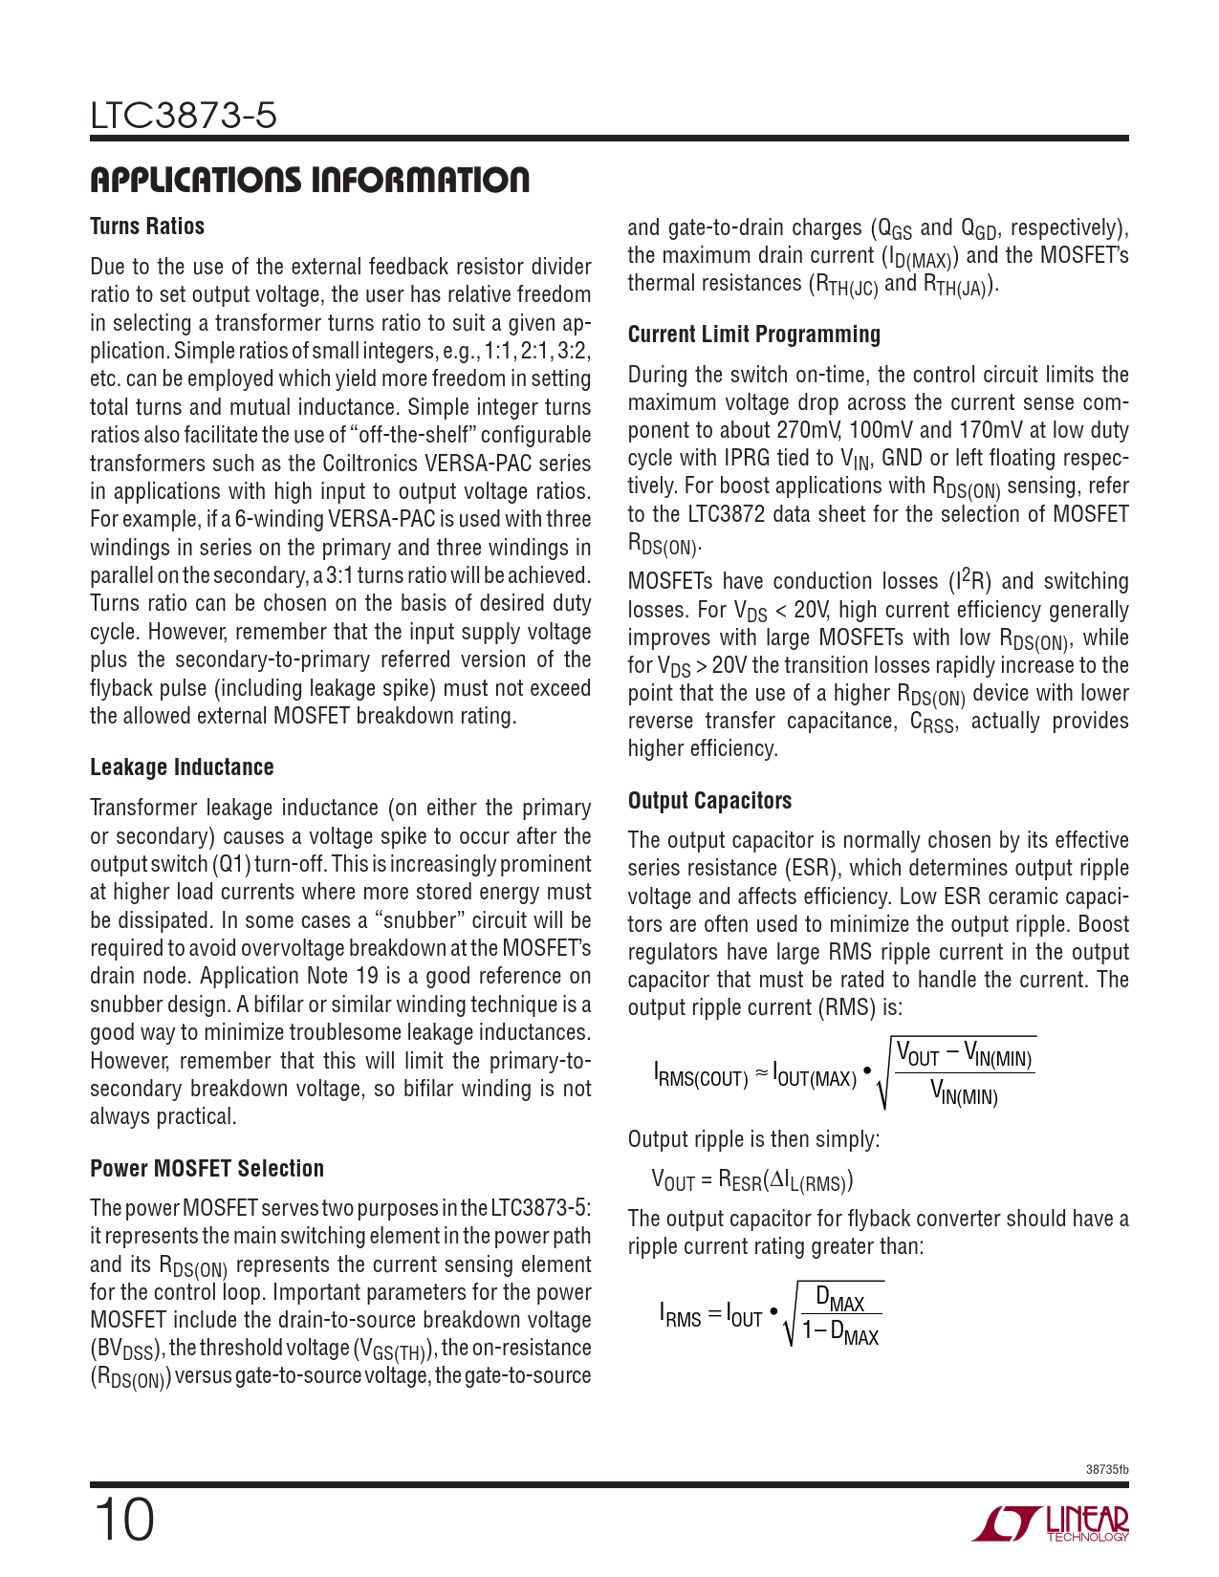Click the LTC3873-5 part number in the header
click(184, 116)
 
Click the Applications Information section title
click(310, 180)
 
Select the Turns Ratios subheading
click(147, 227)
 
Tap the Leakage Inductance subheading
click(182, 767)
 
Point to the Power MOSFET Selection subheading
click(207, 1168)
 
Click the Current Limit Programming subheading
click(753, 335)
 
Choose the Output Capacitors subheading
click(709, 801)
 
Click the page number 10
click(123, 1520)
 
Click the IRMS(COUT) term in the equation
click(701, 1076)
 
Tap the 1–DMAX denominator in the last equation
click(839, 1330)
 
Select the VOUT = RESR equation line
click(751, 1180)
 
